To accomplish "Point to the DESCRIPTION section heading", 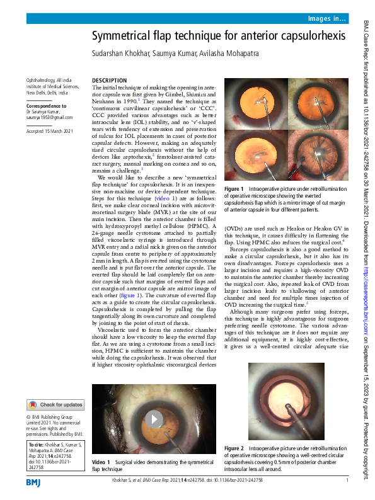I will (109, 81).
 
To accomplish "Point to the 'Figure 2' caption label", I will (234, 448).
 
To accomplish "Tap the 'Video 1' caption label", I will (101, 462).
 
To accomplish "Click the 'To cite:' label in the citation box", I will (37, 444).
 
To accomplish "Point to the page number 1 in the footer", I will (347, 482).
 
